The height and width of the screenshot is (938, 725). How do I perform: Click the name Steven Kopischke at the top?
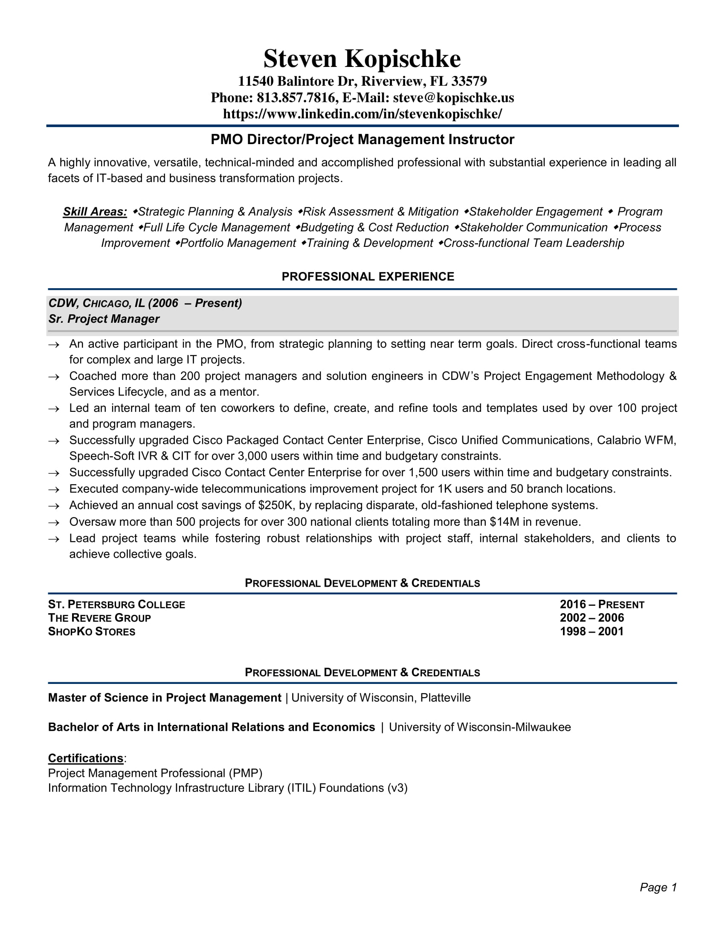362,59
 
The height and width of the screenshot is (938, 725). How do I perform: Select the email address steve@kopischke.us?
453,98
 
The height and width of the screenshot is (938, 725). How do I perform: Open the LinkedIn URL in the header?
362,114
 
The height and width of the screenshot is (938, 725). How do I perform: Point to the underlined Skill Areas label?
95,212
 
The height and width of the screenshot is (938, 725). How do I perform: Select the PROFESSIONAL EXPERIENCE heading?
368,277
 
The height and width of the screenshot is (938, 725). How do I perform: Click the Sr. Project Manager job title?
104,319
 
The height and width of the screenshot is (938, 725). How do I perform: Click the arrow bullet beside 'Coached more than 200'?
54,377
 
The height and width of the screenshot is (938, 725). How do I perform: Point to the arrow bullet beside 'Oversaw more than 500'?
54,523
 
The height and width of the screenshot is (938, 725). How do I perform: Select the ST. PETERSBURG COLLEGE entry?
116,605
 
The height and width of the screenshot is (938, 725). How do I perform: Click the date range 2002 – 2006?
592,618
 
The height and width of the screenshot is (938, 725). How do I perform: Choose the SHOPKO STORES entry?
92,632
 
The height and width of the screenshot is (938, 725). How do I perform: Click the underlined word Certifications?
85,758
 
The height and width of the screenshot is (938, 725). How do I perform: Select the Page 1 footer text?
658,887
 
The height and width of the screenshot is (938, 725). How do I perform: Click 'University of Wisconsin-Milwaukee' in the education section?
480,727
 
